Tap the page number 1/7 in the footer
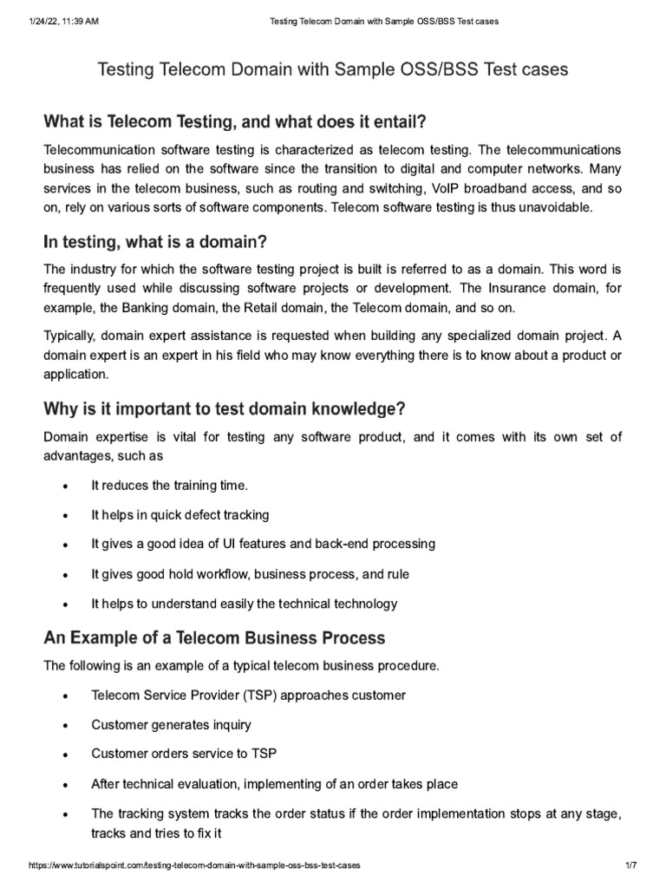tap(630, 866)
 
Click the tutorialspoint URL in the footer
tap(194, 866)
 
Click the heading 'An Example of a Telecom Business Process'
tap(214, 638)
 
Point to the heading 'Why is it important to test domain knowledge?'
tap(225, 408)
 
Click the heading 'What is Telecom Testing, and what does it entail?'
tap(236, 121)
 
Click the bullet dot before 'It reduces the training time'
tap(65, 487)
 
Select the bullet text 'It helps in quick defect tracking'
tap(180, 515)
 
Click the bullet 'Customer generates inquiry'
tap(171, 725)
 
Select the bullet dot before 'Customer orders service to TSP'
tap(65, 755)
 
